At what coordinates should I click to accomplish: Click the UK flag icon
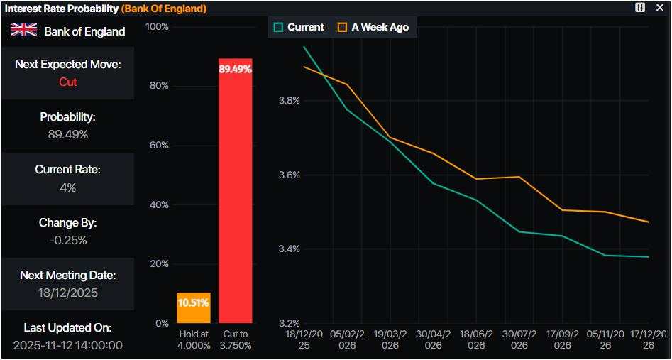pyautogui.click(x=23, y=30)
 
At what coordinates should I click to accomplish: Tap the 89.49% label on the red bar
pyautogui.click(x=235, y=70)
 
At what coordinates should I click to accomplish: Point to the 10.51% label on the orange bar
pyautogui.click(x=193, y=302)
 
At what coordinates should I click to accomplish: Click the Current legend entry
pyautogui.click(x=299, y=27)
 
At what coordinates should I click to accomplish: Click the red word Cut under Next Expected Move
pyautogui.click(x=67, y=82)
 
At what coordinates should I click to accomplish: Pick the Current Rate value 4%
pyautogui.click(x=67, y=187)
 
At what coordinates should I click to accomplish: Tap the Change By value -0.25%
pyautogui.click(x=67, y=240)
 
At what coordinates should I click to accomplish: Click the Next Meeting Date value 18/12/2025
pyautogui.click(x=67, y=293)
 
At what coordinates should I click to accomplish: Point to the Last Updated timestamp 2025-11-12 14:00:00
pyautogui.click(x=67, y=345)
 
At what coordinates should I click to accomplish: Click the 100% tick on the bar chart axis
pyautogui.click(x=157, y=26)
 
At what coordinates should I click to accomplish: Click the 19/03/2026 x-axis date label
pyautogui.click(x=390, y=339)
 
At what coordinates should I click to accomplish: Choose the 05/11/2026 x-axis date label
pyautogui.click(x=605, y=339)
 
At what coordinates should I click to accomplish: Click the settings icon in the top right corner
pyautogui.click(x=641, y=8)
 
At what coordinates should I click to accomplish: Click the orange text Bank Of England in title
pyautogui.click(x=164, y=9)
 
